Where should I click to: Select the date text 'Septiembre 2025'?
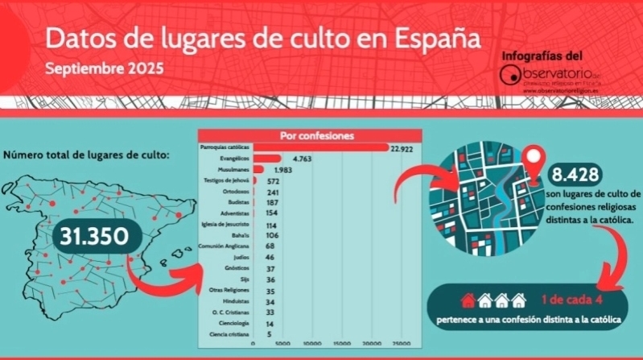[x=104, y=68]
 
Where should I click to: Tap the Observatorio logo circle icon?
[x=510, y=76]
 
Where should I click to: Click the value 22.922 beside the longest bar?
[x=402, y=149]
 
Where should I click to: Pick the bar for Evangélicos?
[x=267, y=159]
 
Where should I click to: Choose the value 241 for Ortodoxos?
[x=272, y=192]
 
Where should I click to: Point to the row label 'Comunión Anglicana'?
[x=226, y=245]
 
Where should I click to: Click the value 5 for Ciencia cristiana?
[x=269, y=333]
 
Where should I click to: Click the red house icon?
[x=467, y=300]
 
